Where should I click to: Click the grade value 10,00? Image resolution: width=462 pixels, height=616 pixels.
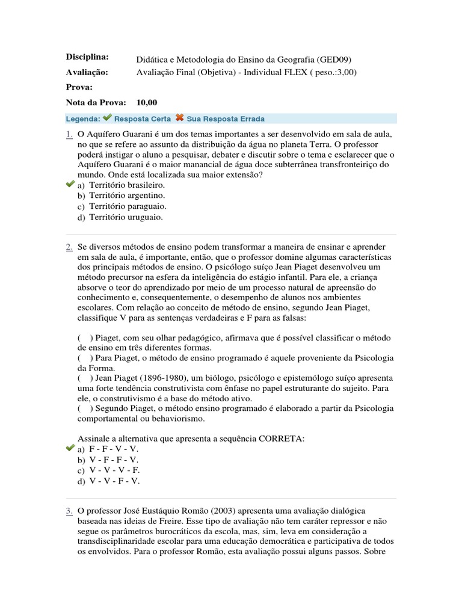pyautogui.click(x=147, y=103)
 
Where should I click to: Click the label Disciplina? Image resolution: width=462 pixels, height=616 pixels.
pyautogui.click(x=87, y=57)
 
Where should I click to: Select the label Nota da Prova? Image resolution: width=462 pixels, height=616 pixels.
pyautogui.click(x=96, y=103)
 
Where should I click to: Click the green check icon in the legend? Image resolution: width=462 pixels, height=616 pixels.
pyautogui.click(x=107, y=118)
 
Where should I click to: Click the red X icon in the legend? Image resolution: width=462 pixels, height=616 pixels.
pyautogui.click(x=179, y=118)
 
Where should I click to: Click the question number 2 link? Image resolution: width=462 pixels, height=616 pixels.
pyautogui.click(x=69, y=247)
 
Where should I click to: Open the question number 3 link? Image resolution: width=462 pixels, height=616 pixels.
pyautogui.click(x=69, y=510)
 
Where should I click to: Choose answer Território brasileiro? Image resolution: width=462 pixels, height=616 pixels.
pyautogui.click(x=127, y=185)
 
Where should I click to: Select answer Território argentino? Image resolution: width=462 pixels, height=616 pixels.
pyautogui.click(x=127, y=196)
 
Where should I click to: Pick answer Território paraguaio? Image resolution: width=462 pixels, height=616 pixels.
pyautogui.click(x=128, y=206)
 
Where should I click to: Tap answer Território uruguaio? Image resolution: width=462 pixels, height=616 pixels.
pyautogui.click(x=126, y=217)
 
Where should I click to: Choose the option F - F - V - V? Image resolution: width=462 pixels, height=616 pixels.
pyautogui.click(x=114, y=449)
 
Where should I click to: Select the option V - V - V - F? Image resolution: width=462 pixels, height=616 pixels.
pyautogui.click(x=114, y=470)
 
